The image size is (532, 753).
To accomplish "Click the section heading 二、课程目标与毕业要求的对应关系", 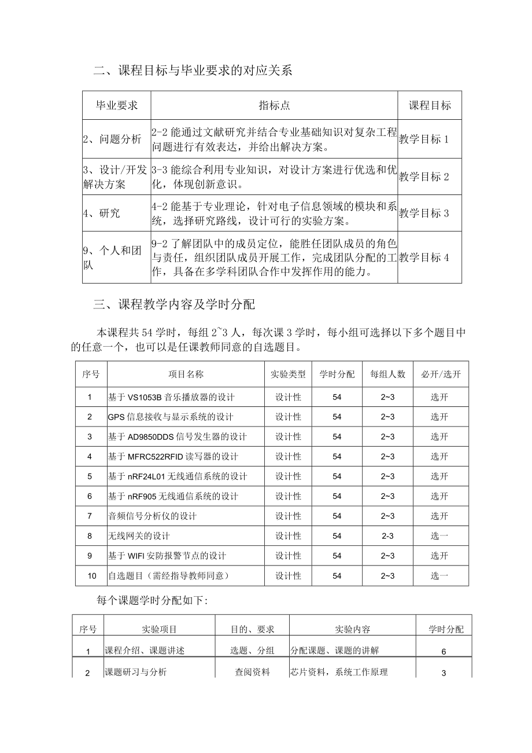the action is click(x=193, y=71).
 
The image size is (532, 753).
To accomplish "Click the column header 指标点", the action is click(x=274, y=105).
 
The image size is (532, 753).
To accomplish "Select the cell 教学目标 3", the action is click(x=424, y=213).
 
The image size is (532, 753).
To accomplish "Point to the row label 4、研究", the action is click(x=102, y=213).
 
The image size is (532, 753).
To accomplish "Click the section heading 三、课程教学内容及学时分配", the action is click(x=174, y=304).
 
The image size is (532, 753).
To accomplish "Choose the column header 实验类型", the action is click(x=288, y=374).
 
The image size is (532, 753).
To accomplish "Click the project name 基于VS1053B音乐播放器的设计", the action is click(x=171, y=397).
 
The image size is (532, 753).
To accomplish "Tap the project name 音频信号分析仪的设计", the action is click(x=152, y=516).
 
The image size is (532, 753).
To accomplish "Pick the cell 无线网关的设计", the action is click(x=139, y=536).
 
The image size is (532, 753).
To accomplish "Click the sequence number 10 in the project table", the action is click(x=90, y=576).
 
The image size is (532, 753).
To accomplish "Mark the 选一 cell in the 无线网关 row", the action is click(x=439, y=536).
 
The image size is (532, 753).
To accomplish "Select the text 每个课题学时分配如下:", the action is click(x=152, y=601).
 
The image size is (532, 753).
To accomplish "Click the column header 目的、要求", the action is click(x=252, y=629).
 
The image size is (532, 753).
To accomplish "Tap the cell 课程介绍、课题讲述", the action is click(x=145, y=651).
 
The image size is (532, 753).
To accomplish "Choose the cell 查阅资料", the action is click(x=252, y=672).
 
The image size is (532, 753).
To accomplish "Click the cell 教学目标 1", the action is click(x=424, y=139).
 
